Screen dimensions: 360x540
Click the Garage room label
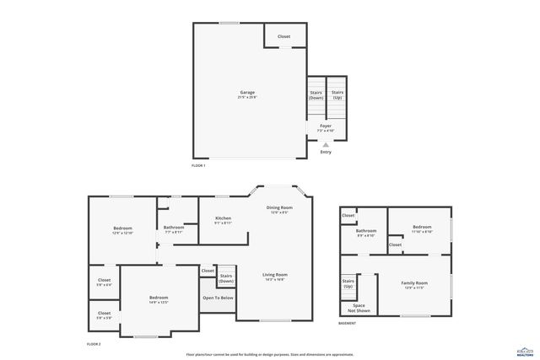click(x=247, y=93)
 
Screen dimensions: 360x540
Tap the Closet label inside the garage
click(x=284, y=36)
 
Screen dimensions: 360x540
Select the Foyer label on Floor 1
click(x=326, y=126)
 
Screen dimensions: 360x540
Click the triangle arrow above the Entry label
click(x=326, y=144)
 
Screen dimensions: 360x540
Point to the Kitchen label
click(x=223, y=218)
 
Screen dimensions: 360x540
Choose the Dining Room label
click(x=280, y=207)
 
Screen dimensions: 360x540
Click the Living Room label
click(x=275, y=275)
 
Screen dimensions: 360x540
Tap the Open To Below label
click(x=218, y=298)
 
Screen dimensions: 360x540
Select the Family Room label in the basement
click(x=414, y=283)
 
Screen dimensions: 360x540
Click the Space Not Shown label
click(x=359, y=307)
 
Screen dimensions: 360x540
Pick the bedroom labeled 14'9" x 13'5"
click(x=159, y=298)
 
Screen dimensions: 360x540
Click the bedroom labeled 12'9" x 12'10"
click(x=123, y=228)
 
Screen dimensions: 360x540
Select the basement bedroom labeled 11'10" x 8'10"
click(x=423, y=227)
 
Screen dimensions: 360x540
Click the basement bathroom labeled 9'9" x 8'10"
click(x=366, y=231)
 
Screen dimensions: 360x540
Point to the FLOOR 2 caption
click(x=94, y=344)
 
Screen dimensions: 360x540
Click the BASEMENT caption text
click(x=348, y=323)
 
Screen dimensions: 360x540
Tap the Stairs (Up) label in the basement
click(x=348, y=283)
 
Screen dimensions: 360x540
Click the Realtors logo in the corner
click(x=525, y=351)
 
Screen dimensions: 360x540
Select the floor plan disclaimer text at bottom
click(x=270, y=355)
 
